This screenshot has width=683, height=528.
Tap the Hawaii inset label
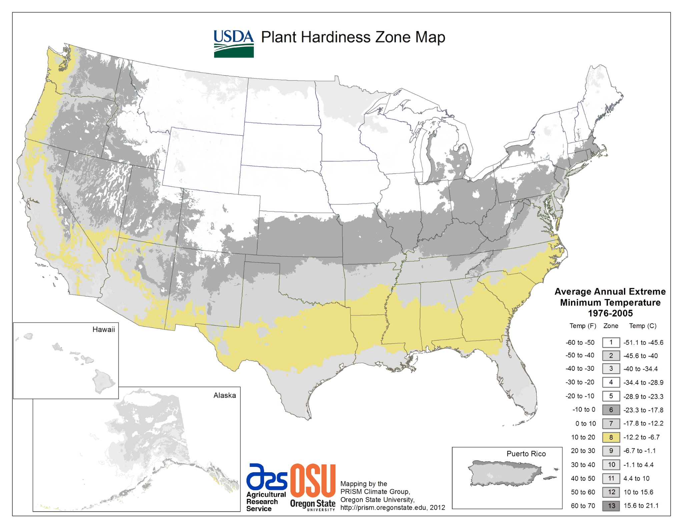(103, 329)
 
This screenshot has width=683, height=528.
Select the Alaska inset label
(224, 395)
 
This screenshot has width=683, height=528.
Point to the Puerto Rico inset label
(526, 454)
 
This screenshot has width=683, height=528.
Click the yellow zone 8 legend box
(611, 437)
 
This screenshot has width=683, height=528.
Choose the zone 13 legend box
(611, 506)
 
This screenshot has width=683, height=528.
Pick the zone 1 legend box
(611, 342)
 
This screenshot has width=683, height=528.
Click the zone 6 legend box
(611, 410)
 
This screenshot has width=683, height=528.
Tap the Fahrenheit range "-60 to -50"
(580, 342)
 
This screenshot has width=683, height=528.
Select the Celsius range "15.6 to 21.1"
(641, 506)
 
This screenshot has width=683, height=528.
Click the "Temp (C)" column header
(642, 326)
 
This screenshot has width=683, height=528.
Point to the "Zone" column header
(611, 326)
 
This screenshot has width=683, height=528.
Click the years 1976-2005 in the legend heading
(610, 313)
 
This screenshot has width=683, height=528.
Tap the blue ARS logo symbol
(266, 477)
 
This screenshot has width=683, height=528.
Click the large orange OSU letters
(312, 480)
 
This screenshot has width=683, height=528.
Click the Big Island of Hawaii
(103, 381)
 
